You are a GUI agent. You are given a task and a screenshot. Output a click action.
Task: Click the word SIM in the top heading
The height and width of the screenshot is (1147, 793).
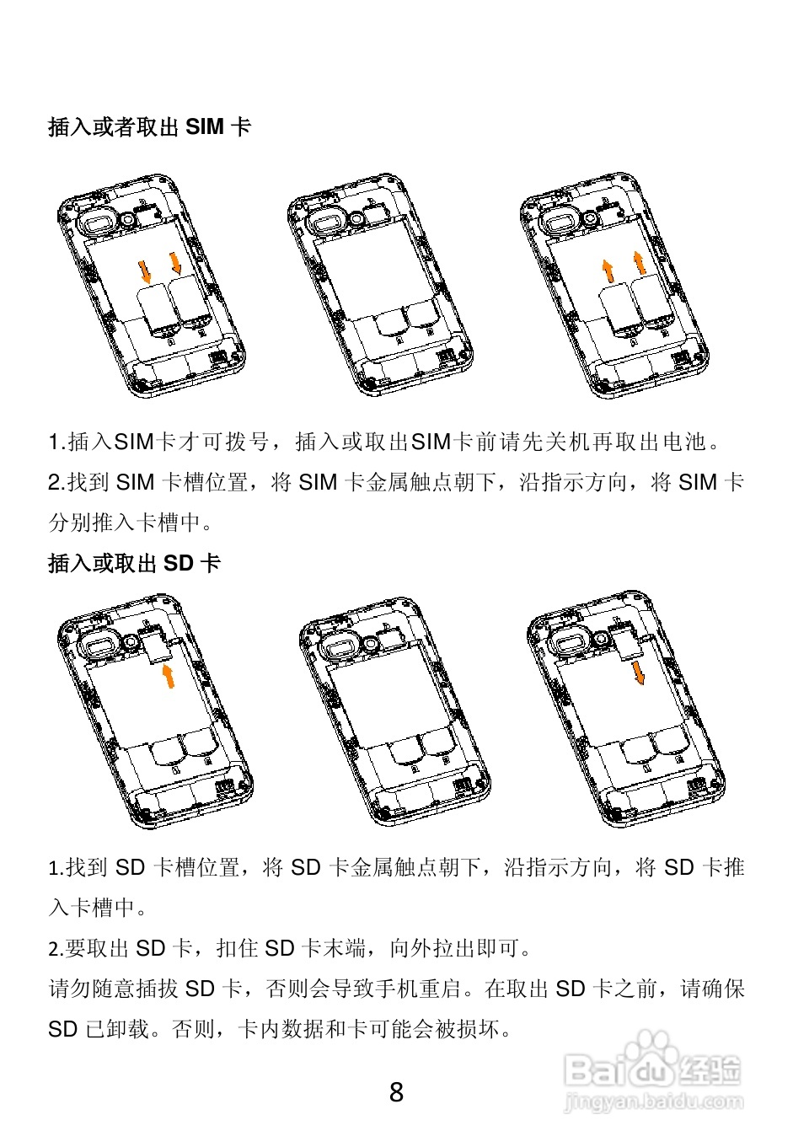coord(204,127)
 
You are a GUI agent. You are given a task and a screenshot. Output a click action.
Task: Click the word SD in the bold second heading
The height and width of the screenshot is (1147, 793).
coord(179,563)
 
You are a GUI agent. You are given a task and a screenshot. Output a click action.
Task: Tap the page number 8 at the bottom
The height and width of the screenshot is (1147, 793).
coord(396,1093)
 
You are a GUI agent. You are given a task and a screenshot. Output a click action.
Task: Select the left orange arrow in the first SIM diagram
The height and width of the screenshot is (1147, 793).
coord(146,271)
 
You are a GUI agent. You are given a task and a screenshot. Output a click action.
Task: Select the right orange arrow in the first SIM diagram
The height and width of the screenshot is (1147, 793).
coord(176,263)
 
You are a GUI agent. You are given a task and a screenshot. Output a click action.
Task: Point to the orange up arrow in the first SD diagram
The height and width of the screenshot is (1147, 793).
coord(169,675)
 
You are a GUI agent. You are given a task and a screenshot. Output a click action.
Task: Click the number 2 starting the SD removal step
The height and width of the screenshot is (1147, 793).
coord(53,949)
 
